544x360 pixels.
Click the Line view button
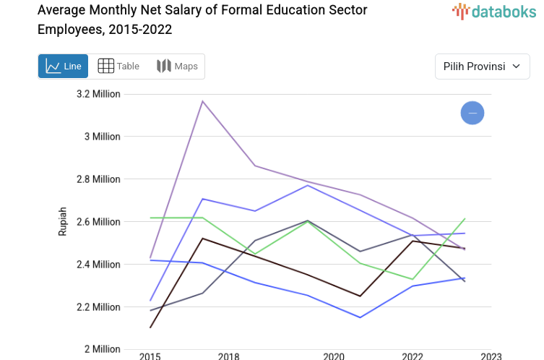(x=63, y=67)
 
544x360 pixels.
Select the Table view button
(x=118, y=67)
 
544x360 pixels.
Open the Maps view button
(x=177, y=67)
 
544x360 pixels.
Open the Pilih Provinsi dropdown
(x=482, y=67)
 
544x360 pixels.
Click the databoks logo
(x=494, y=11)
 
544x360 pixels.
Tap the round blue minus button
(x=472, y=113)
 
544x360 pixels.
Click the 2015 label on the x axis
(x=150, y=356)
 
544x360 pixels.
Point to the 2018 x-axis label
(x=229, y=356)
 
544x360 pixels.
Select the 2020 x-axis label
(x=334, y=356)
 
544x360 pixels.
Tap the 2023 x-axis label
(x=491, y=356)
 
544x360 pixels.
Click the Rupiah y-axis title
(x=62, y=221)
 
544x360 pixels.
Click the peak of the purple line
(x=203, y=100)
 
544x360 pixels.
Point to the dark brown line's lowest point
(x=150, y=327)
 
